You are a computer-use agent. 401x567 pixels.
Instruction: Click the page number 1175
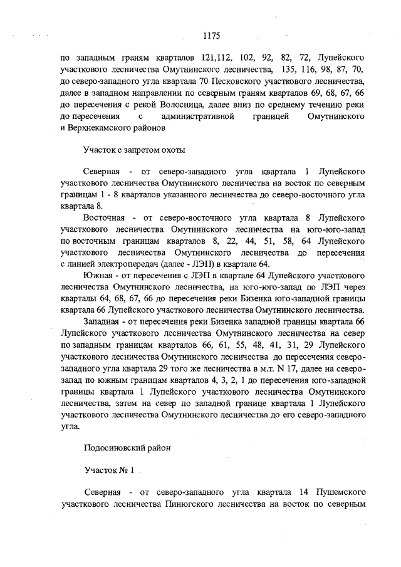tap(211, 35)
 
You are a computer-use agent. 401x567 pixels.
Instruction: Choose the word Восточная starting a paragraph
tap(103, 217)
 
